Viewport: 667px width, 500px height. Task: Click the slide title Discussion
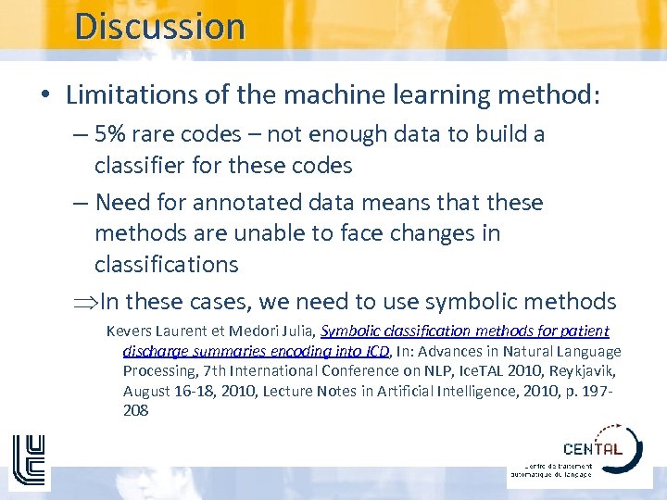coord(159,26)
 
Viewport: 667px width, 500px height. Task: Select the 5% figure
coord(110,134)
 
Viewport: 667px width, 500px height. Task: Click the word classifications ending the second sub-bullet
coord(166,264)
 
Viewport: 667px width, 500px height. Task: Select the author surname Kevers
coord(128,331)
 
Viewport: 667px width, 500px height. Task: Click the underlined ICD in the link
coord(376,351)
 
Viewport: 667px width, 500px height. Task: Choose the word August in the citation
coord(146,391)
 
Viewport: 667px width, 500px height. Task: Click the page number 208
coord(136,410)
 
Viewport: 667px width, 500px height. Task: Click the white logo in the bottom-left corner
coord(29,463)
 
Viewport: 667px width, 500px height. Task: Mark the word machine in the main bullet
coord(341,94)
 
